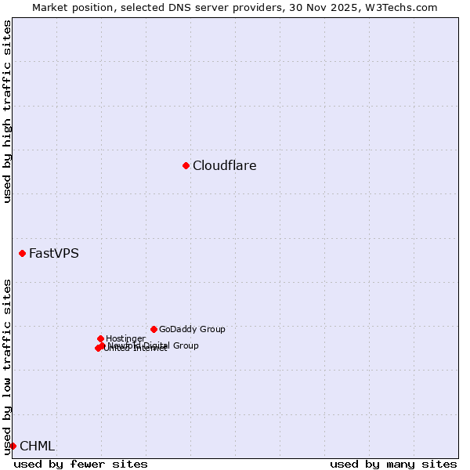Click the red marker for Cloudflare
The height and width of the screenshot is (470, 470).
pos(186,165)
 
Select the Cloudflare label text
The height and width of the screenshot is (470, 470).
pos(224,165)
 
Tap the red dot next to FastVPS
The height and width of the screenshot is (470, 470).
pos(22,253)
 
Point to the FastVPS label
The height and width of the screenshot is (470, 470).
pos(53,253)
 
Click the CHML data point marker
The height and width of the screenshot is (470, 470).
pos(13,446)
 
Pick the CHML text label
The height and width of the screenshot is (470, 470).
pos(37,446)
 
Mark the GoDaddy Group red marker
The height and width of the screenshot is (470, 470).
pos(154,329)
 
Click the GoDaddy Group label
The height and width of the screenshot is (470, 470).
pos(192,329)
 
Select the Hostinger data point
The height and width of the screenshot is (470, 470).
pos(100,338)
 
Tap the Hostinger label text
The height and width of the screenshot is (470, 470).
pos(125,338)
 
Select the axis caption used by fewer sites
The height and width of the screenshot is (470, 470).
pos(81,464)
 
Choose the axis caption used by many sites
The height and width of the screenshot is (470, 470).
pos(393,464)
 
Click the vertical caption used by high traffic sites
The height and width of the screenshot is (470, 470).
pos(7,111)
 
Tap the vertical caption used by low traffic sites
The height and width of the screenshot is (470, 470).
pos(7,367)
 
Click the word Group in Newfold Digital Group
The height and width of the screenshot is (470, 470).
pos(185,345)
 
